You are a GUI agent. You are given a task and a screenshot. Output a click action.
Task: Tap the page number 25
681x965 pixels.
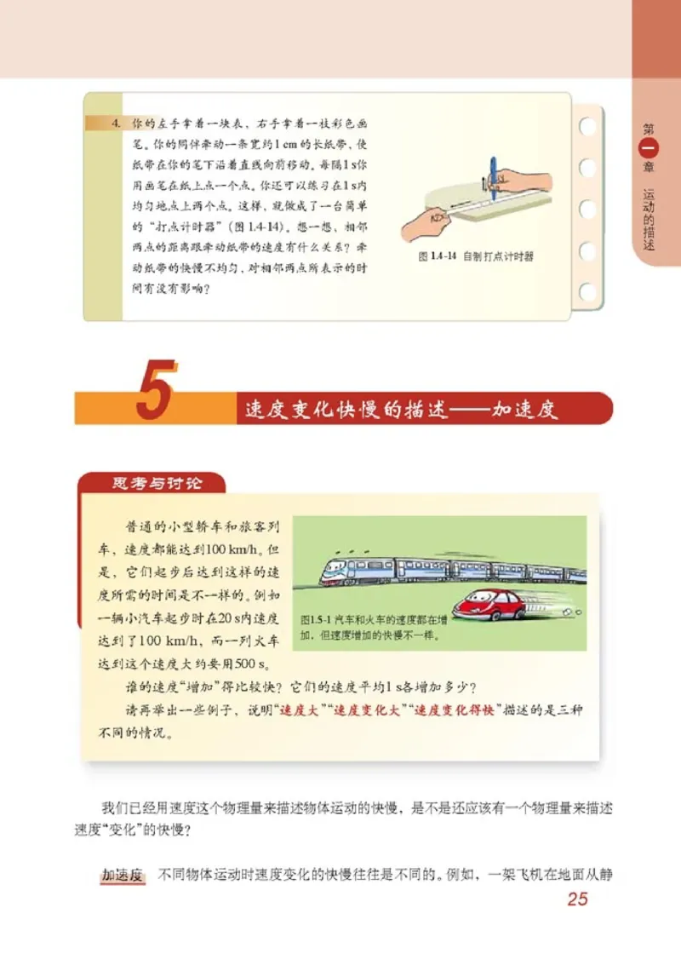(577, 899)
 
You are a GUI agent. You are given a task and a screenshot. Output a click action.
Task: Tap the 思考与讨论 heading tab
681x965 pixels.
(157, 483)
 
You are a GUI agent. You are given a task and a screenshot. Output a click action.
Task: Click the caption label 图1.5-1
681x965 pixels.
(318, 618)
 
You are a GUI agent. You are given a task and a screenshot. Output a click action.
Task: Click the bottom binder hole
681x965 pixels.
(587, 292)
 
